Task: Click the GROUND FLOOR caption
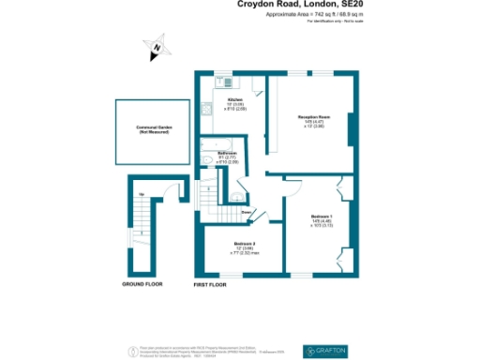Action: (142, 283)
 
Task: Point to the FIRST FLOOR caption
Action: (211, 283)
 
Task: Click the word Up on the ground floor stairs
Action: (141, 194)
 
